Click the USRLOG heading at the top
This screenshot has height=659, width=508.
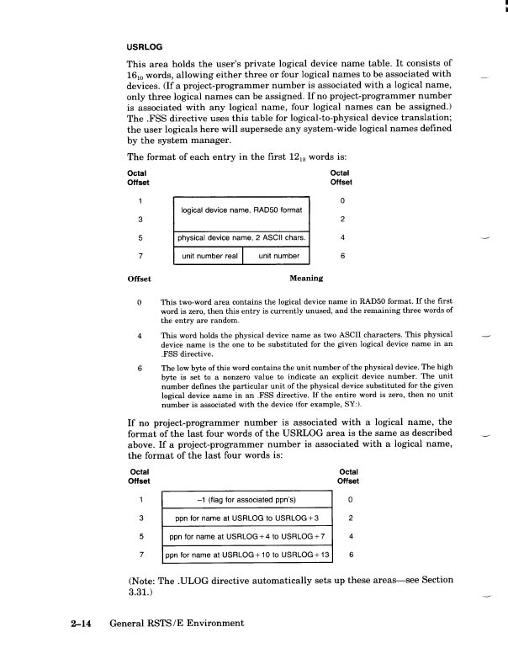pos(144,46)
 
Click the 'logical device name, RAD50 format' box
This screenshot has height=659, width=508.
pos(242,208)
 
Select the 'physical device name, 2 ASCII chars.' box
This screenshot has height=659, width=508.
pos(242,237)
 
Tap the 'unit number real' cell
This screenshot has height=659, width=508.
pos(207,255)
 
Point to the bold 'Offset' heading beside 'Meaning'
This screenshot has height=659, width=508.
pos(139,277)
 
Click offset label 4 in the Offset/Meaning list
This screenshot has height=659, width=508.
pos(138,335)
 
